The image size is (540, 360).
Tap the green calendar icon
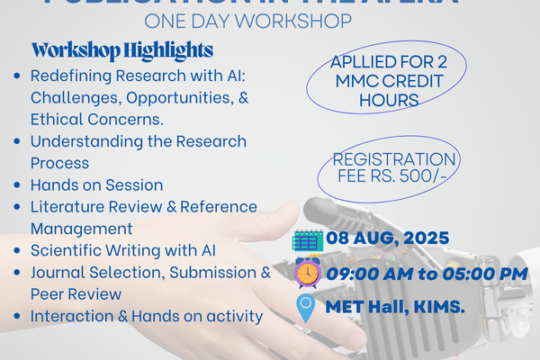(x=308, y=241)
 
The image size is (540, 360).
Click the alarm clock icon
(x=308, y=273)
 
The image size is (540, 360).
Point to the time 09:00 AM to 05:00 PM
(x=426, y=274)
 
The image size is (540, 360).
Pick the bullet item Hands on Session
(x=96, y=184)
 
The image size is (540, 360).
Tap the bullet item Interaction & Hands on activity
(x=147, y=316)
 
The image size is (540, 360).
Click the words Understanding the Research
(x=138, y=141)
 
